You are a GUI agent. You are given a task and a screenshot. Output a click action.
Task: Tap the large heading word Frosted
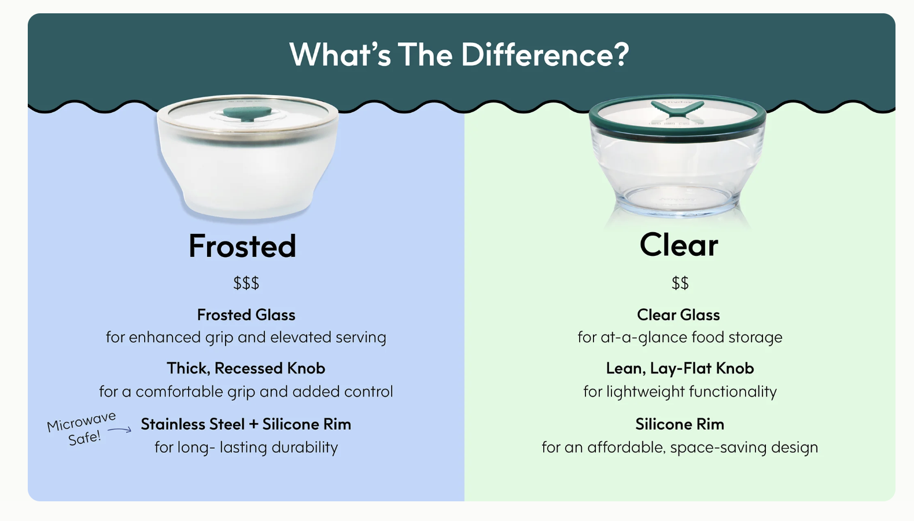coord(242,246)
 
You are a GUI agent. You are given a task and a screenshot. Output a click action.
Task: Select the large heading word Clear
coord(679,245)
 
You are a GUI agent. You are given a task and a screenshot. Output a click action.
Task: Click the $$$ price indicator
coord(246,283)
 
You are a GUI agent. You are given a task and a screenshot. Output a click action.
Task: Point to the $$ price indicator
coord(680,283)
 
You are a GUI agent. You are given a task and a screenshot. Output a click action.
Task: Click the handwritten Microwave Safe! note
coord(82,428)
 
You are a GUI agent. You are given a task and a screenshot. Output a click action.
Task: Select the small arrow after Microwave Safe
coord(120,430)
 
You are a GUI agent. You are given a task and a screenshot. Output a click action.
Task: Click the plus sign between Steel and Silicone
coord(253,424)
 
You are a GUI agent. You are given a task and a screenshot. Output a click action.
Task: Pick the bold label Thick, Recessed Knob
coord(246,368)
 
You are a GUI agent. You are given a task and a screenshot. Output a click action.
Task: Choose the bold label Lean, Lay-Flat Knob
coord(680,368)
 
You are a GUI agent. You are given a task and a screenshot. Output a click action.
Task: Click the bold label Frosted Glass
coord(246,315)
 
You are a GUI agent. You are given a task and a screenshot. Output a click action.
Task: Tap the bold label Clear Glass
coord(679,315)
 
